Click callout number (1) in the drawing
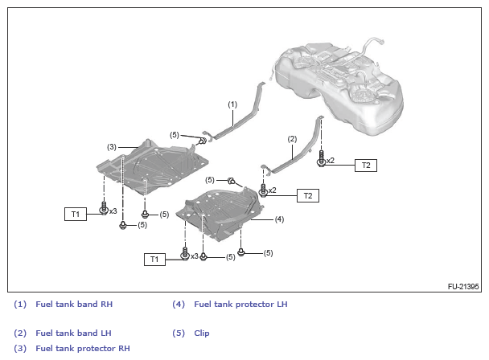coord(232,104)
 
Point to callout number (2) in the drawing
coord(292,139)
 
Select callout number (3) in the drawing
coord(113,147)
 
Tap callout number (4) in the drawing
coord(279,219)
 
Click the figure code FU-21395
coord(463,286)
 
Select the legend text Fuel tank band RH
coord(74,305)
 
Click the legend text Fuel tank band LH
coord(73,333)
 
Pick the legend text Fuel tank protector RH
coord(83,348)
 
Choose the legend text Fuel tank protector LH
coord(240,305)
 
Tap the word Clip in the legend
coord(202,333)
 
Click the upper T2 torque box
coord(366,165)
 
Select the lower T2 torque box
coord(307,195)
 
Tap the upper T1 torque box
coord(75,214)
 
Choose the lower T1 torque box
coord(154,259)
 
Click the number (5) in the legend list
coord(179,333)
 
